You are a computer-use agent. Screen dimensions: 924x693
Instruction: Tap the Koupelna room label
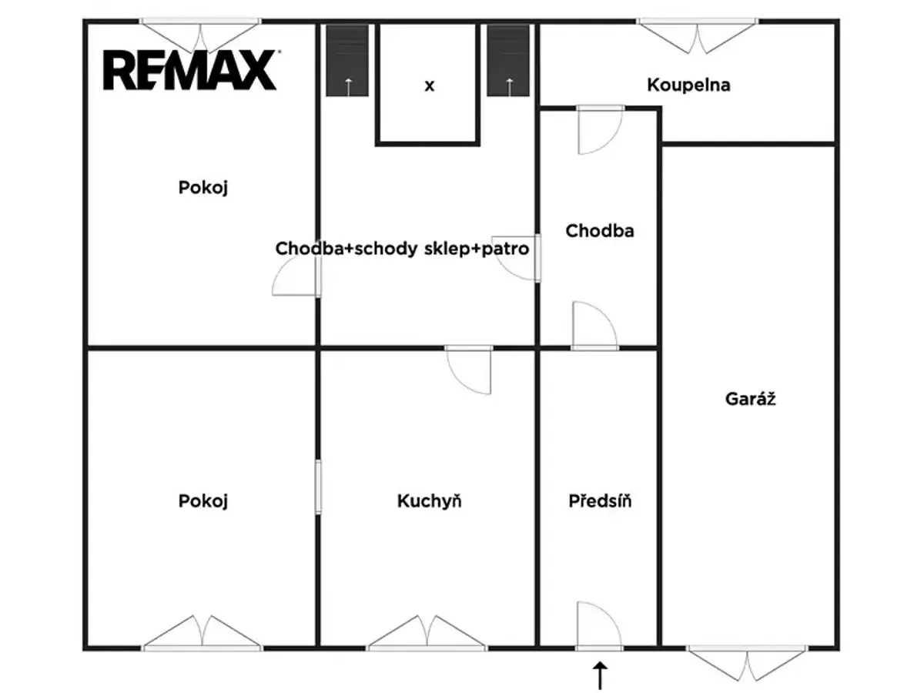[688, 85]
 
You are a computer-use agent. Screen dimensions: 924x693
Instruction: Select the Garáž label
[750, 398]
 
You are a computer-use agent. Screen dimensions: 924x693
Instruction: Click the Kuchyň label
[429, 500]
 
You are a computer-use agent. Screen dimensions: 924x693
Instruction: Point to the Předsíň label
[600, 500]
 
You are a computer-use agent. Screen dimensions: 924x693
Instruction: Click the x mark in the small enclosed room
[429, 85]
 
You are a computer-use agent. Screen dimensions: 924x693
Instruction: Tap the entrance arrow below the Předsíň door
[600, 675]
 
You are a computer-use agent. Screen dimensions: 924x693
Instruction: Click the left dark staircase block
[347, 60]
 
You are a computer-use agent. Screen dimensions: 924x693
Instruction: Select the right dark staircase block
[508, 60]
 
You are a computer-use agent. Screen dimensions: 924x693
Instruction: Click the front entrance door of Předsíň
[598, 627]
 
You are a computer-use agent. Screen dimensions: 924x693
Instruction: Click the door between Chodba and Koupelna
[601, 129]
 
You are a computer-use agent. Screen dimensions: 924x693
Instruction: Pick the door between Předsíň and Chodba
[594, 326]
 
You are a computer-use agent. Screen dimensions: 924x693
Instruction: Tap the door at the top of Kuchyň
[468, 370]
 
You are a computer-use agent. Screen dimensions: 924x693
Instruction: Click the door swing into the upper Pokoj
[296, 275]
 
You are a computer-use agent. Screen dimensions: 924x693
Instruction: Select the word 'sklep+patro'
[477, 249]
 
